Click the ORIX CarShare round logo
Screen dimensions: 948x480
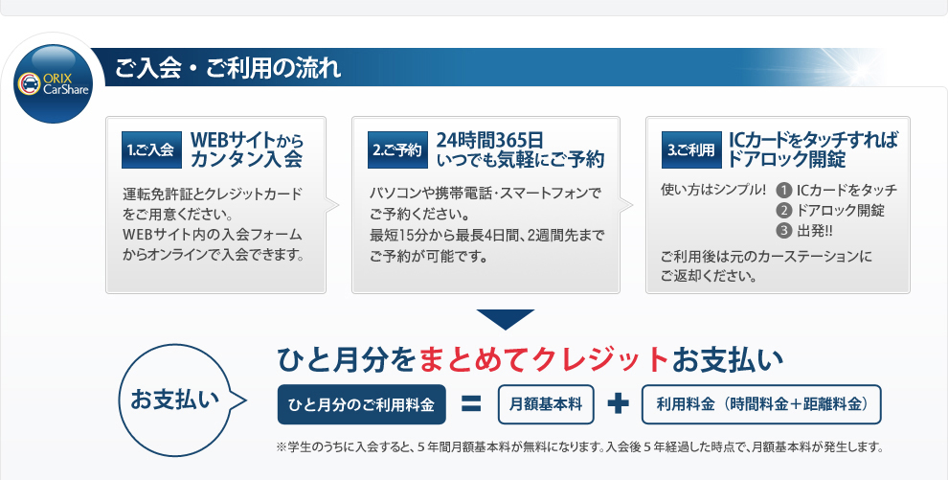click(54, 83)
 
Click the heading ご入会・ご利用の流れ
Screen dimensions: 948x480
click(228, 68)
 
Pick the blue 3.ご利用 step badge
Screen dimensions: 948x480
click(691, 149)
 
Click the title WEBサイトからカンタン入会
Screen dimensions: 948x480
click(247, 149)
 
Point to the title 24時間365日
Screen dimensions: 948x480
click(490, 140)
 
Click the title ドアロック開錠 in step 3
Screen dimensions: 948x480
click(786, 160)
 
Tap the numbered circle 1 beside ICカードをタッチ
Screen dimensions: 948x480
click(784, 191)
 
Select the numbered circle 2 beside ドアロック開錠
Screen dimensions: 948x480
click(784, 211)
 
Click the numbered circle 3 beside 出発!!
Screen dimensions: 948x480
click(784, 230)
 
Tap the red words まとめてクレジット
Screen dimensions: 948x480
click(544, 359)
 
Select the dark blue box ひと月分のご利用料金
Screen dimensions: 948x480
click(362, 404)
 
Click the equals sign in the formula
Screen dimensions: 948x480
click(471, 404)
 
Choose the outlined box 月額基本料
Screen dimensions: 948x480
click(546, 404)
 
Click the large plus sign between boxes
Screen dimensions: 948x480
click(618, 404)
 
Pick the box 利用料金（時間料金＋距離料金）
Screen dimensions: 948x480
click(761, 404)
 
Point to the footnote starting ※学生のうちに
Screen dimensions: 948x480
click(579, 447)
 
